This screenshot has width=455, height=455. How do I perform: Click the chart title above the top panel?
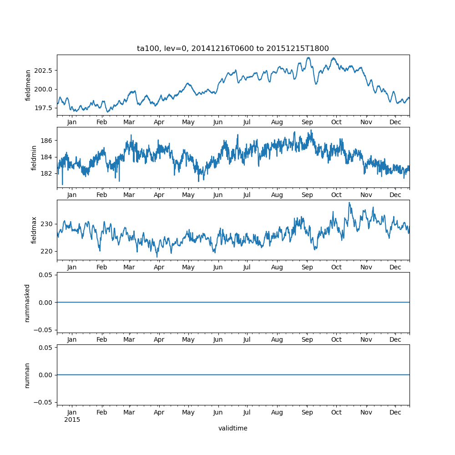[x=233, y=48]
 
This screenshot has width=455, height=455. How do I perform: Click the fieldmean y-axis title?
[x=28, y=85]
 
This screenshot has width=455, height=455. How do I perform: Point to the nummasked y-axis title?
[x=27, y=303]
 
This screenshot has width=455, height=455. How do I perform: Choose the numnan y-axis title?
[x=27, y=375]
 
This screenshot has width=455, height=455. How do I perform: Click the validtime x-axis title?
[x=233, y=428]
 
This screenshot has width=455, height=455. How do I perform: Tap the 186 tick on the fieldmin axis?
[x=48, y=141]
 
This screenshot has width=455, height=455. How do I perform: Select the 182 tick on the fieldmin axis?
[x=48, y=174]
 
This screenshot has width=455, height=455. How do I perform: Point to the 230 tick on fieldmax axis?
[x=48, y=224]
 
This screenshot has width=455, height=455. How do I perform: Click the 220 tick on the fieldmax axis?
[x=48, y=251]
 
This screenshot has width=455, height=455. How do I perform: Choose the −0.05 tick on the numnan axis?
[x=45, y=402]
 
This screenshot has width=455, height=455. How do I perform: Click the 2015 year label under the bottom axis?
[x=72, y=420]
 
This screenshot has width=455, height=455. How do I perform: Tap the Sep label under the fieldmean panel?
[x=307, y=122]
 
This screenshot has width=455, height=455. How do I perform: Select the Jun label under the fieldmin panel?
[x=218, y=195]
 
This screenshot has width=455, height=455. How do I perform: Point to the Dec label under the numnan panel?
[x=395, y=412]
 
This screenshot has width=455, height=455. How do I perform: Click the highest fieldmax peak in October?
[x=349, y=203]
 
